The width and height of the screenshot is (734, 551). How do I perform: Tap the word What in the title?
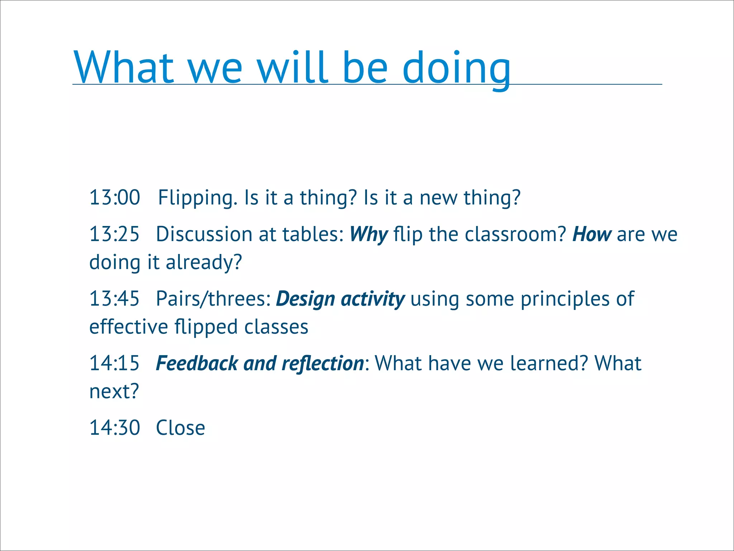tap(124, 67)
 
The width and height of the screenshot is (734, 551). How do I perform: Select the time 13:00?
tap(115, 198)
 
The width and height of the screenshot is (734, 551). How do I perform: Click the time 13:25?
tap(114, 234)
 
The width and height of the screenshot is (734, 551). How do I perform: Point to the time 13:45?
tap(114, 299)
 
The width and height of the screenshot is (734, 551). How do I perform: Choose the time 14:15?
tap(114, 363)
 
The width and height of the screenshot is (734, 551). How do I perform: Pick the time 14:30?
tap(115, 428)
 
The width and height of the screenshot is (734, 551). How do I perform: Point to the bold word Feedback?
tap(197, 363)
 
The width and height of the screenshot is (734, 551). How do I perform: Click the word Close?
tap(181, 428)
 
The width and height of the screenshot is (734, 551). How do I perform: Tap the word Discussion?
tap(204, 234)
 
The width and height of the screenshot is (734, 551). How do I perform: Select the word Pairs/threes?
tap(214, 299)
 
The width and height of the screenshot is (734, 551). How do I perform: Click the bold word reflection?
tap(323, 363)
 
